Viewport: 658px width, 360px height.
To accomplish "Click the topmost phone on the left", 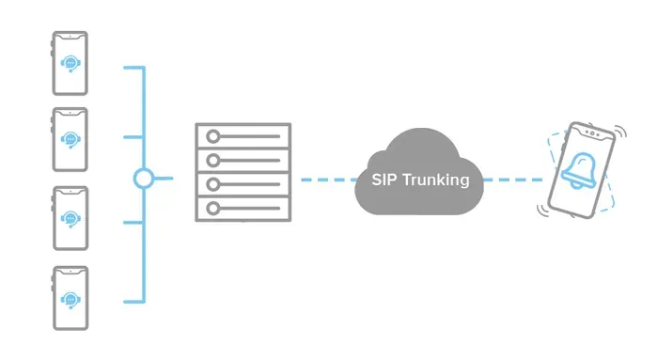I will click(x=70, y=63).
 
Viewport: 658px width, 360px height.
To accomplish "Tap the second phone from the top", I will click(x=70, y=139).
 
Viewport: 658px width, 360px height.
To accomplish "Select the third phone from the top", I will click(x=70, y=218).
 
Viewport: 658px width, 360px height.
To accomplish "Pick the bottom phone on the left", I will click(x=70, y=297).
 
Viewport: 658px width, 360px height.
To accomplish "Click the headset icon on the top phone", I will click(x=70, y=63).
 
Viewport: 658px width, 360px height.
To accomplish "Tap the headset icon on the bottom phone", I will click(x=70, y=298).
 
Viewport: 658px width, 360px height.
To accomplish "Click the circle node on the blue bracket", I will click(x=143, y=179).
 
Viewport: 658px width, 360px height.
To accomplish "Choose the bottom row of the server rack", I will click(x=243, y=208).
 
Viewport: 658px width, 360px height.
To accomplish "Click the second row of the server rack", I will click(x=243, y=160).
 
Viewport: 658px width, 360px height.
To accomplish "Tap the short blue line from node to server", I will click(x=163, y=179).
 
